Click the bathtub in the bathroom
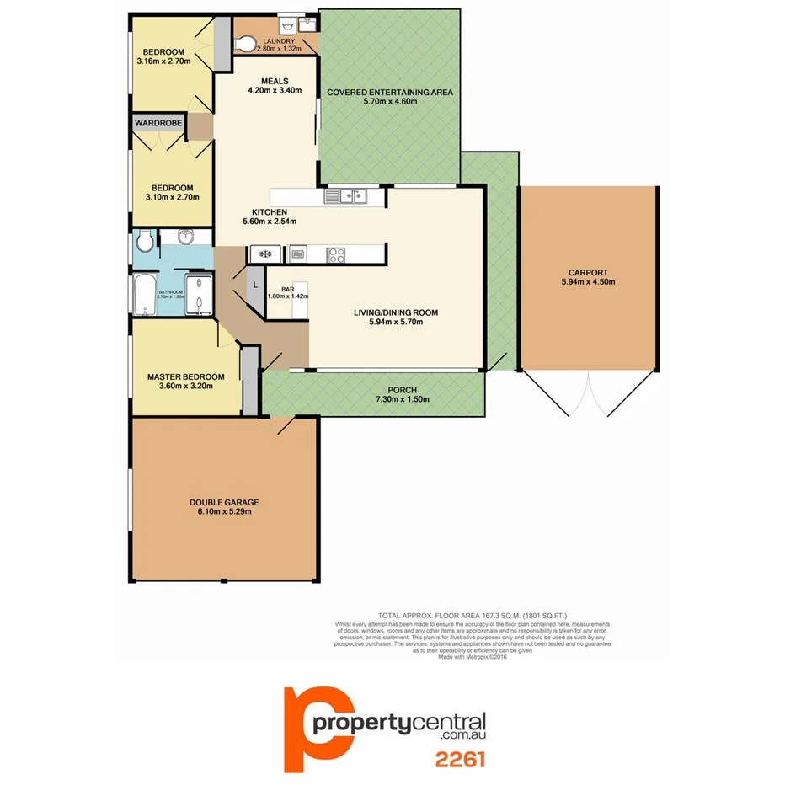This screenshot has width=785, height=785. click(x=144, y=295)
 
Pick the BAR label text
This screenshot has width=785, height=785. click(x=287, y=289)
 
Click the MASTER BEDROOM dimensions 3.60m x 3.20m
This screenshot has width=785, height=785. click(x=185, y=387)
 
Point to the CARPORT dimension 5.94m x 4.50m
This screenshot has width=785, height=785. click(x=588, y=282)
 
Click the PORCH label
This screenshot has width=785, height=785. click(x=402, y=389)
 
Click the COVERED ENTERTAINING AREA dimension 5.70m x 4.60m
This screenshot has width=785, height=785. click(x=390, y=101)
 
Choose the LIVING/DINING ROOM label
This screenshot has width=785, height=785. click(x=396, y=312)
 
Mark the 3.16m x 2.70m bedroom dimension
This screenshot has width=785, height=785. click(x=163, y=61)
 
